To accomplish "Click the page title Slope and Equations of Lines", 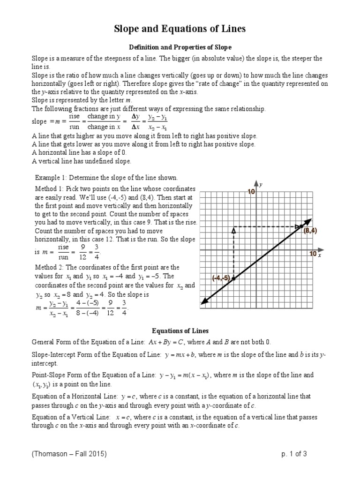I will tap(180, 30).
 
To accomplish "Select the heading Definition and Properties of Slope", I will tap(180, 47).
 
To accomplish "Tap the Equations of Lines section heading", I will tap(180, 330).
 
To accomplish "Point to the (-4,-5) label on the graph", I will tap(221, 278).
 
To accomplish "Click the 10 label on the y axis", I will tap(251, 192).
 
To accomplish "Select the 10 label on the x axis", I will tap(313, 254).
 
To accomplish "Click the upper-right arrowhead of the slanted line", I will tap(309, 220).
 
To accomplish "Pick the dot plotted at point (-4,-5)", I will tap(233, 278).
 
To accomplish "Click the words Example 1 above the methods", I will tap(51, 178).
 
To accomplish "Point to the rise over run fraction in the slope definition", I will tap(75, 123).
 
